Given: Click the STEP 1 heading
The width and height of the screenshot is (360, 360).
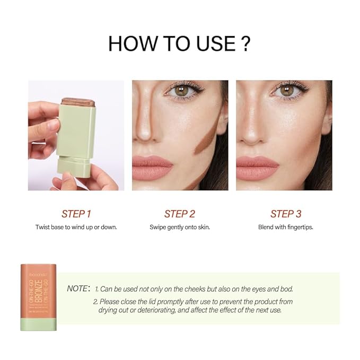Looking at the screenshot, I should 76,214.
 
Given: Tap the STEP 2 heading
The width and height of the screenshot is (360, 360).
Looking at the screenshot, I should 180,214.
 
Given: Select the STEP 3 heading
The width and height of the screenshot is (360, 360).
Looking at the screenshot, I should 286,214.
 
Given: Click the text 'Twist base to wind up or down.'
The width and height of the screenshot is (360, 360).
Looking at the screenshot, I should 76,227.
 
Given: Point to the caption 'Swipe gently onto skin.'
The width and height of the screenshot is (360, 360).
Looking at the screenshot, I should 180,227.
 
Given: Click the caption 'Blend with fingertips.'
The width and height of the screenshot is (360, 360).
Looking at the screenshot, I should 286,227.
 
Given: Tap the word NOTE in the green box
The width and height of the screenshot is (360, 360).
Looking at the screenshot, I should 79,289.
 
